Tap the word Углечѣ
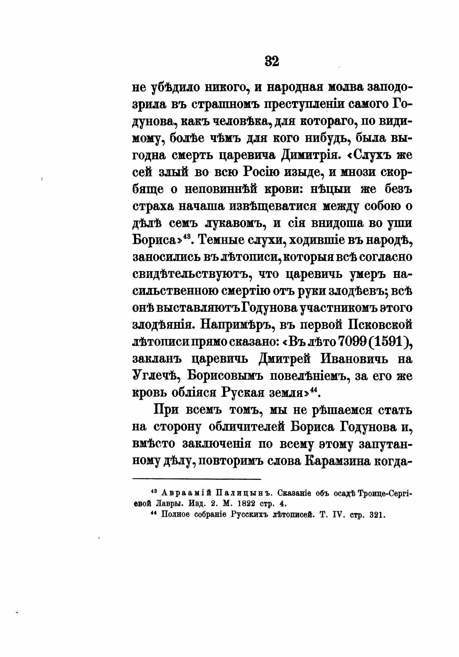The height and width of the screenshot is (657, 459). (x=154, y=376)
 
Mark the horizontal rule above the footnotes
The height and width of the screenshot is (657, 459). (x=197, y=479)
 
